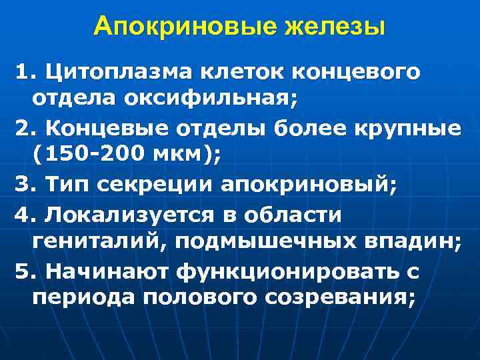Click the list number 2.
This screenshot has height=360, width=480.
click(x=27, y=128)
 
